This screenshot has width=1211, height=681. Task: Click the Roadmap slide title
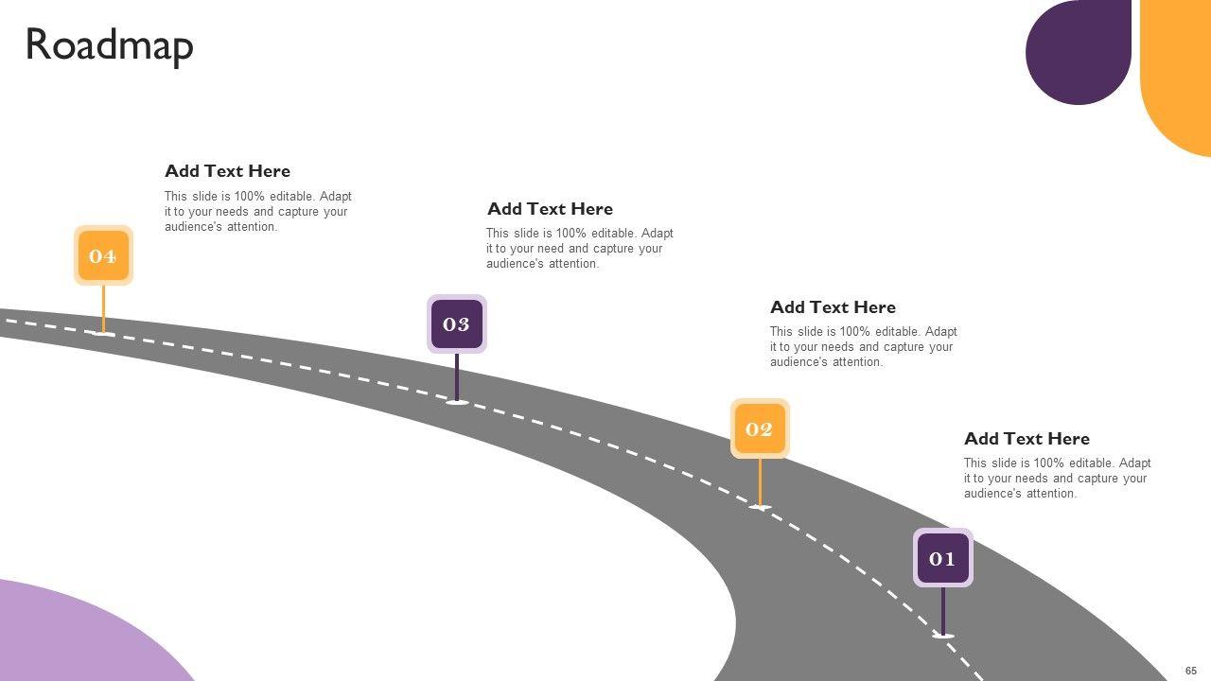coord(109,45)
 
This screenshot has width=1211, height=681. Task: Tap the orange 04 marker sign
coord(103,255)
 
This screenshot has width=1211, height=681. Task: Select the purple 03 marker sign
coord(457,324)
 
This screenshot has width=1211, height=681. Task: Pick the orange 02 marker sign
coord(760,428)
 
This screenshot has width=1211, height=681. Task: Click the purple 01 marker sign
coord(942,558)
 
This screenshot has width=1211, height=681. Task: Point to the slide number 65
coord(1190,671)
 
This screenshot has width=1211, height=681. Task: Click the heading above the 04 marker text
coord(227,171)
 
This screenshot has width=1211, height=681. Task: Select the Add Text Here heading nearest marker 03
coord(550,209)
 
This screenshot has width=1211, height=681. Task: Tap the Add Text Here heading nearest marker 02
coord(833,307)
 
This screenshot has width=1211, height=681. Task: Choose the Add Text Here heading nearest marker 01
coord(1027,439)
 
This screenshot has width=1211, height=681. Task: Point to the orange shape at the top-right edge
coord(1179,76)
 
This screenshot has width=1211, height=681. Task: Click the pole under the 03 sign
coord(457,376)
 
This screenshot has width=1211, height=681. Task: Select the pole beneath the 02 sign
coord(760,481)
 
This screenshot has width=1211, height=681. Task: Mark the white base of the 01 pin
coord(943,636)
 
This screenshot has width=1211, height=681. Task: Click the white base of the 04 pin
coord(104,333)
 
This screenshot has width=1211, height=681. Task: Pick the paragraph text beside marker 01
coord(1057,479)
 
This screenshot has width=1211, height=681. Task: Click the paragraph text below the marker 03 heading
coord(579,249)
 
